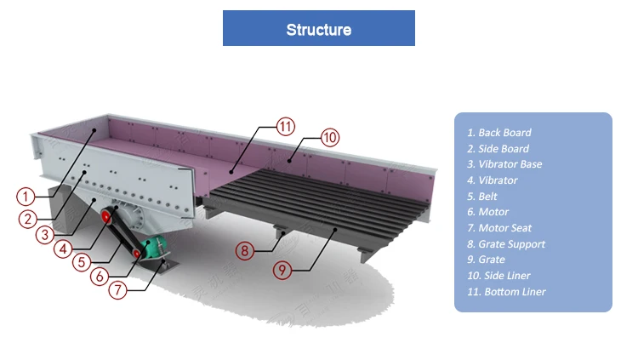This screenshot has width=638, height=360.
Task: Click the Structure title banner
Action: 318,29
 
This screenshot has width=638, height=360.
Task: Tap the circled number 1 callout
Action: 26,196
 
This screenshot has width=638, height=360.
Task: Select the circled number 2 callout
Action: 29,218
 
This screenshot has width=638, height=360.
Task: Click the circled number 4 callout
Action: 62,249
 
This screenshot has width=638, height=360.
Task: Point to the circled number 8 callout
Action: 245,250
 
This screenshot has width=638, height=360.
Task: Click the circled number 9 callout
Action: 283,270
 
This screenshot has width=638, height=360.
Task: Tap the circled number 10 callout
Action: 329,137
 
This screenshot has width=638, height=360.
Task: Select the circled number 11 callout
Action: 287,127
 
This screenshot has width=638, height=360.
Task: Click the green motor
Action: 153,249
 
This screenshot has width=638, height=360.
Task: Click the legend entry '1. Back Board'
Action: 498,133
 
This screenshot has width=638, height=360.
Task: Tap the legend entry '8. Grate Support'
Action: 505,244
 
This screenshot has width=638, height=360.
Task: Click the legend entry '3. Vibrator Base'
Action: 504,164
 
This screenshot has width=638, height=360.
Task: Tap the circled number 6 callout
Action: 100,276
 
